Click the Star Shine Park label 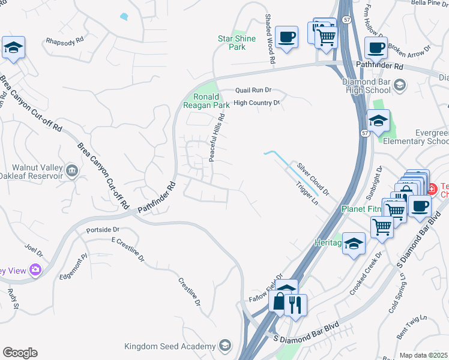coord(237,43)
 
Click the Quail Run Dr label coord(253,90)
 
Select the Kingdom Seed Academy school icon coord(224,346)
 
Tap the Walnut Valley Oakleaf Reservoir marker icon coord(72,170)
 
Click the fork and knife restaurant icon coord(294,304)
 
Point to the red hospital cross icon coord(432,188)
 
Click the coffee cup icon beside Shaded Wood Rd coord(286,36)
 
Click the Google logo coord(20,353)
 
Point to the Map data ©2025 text coord(423,355)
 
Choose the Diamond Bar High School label coord(366,86)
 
